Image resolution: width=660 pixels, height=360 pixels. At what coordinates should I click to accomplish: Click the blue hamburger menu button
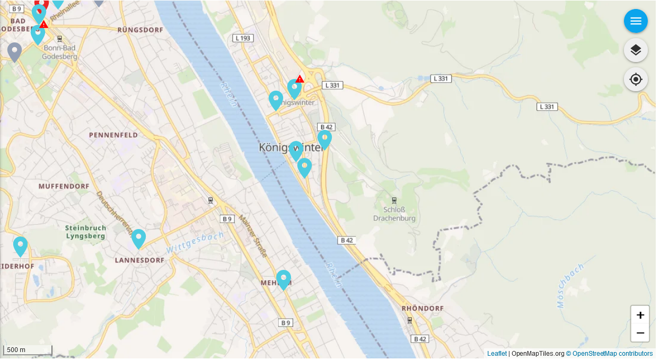pyautogui.click(x=636, y=21)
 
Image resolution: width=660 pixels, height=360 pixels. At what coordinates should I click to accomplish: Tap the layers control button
pyautogui.click(x=636, y=50)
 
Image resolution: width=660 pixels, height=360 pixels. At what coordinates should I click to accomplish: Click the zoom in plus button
pyautogui.click(x=640, y=315)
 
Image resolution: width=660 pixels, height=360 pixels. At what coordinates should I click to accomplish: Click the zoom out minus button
pyautogui.click(x=640, y=333)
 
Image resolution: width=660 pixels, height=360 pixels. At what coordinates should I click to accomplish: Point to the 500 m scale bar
pyautogui.click(x=28, y=350)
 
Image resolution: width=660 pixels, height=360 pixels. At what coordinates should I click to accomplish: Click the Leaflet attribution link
pyautogui.click(x=497, y=354)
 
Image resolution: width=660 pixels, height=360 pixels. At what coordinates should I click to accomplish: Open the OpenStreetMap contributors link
pyautogui.click(x=612, y=354)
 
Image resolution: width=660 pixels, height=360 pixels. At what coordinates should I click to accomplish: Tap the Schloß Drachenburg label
pyautogui.click(x=394, y=214)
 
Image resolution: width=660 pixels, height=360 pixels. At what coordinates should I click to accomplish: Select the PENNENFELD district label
pyautogui.click(x=113, y=135)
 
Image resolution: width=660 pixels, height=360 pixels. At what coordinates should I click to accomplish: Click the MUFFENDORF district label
pyautogui.click(x=64, y=187)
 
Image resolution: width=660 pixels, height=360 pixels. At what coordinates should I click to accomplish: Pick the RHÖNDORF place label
pyautogui.click(x=423, y=308)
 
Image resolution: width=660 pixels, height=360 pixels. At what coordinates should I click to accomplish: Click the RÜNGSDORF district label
pyautogui.click(x=140, y=30)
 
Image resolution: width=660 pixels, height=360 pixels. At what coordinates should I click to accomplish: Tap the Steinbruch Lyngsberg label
pyautogui.click(x=86, y=232)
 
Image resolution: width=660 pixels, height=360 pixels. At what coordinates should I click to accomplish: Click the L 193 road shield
pyautogui.click(x=243, y=38)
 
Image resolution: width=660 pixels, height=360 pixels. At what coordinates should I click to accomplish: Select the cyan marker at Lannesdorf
pyautogui.click(x=138, y=239)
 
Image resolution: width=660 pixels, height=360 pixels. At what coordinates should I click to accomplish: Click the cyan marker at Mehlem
pyautogui.click(x=284, y=279)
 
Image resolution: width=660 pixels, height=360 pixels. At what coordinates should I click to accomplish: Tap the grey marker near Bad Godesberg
pyautogui.click(x=14, y=52)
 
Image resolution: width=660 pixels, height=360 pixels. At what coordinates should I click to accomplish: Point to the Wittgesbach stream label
pyautogui.click(x=195, y=242)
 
